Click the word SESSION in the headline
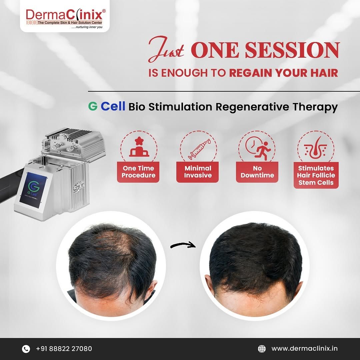(x=292, y=50)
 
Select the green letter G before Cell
(x=93, y=106)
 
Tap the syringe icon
(x=199, y=149)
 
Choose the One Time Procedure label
(x=138, y=172)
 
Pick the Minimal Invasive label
(x=198, y=172)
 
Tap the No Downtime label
(x=257, y=172)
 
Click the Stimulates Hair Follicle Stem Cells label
(x=316, y=175)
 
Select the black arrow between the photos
(x=183, y=245)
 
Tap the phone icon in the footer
(x=26, y=349)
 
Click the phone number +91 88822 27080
(x=64, y=349)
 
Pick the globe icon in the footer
(x=262, y=349)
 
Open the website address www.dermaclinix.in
(x=304, y=349)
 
